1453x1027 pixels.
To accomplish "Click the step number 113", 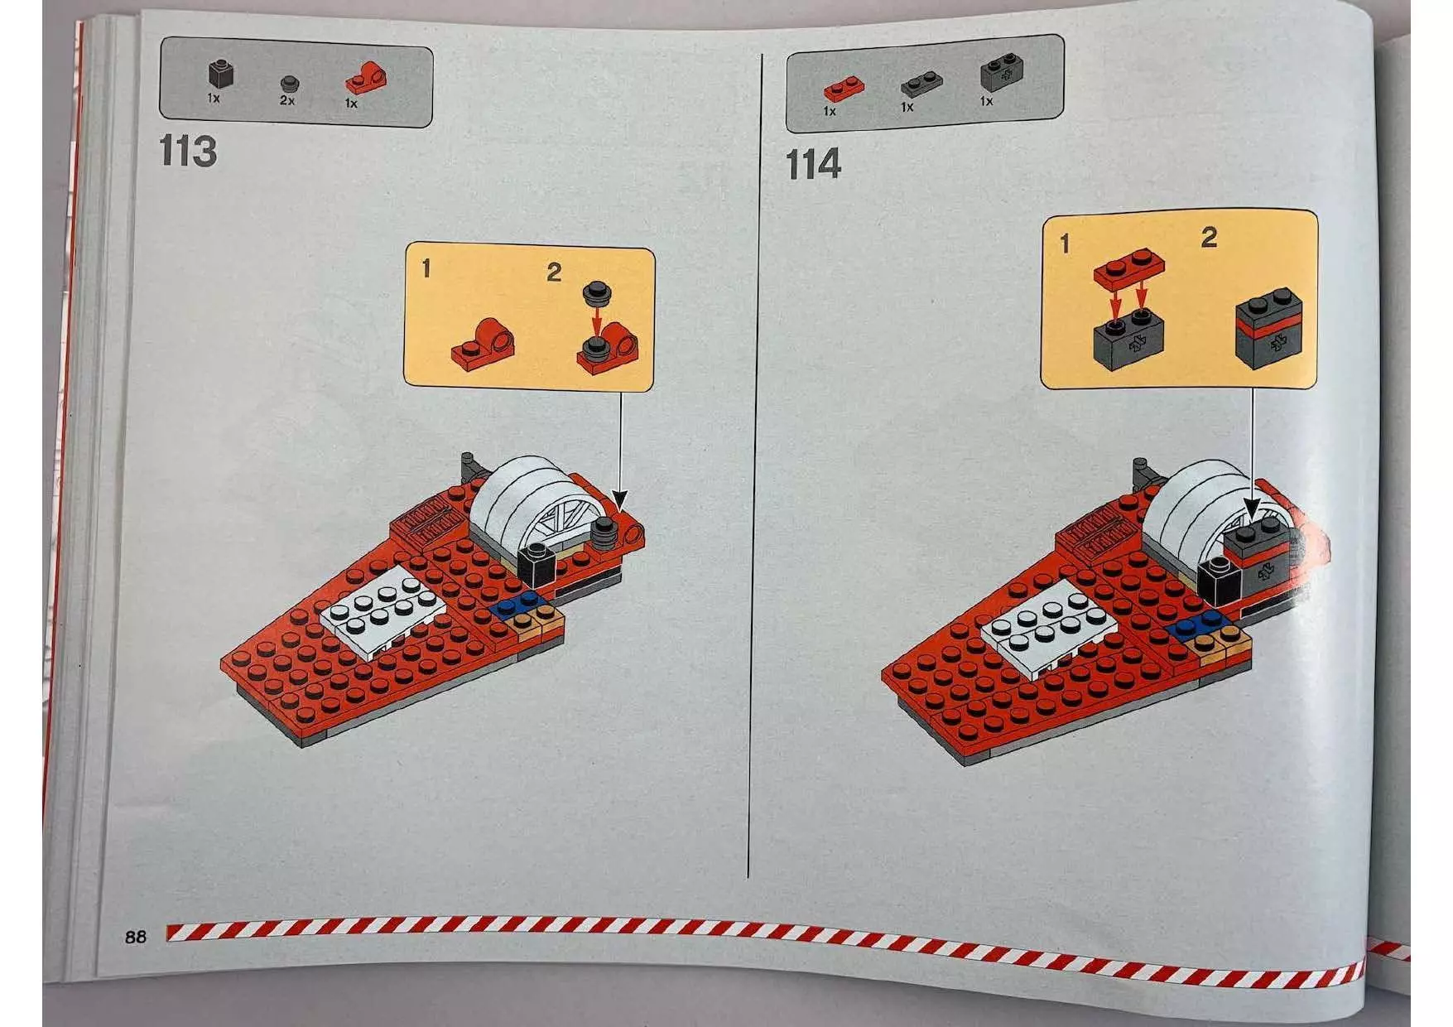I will point(188,152).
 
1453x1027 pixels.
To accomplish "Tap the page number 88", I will point(136,937).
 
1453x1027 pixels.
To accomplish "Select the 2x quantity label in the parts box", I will point(286,100).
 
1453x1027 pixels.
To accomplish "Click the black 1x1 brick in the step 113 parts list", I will point(219,75).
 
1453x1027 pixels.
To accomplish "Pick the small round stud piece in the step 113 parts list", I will point(289,83).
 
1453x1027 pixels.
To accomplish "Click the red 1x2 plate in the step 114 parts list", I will point(844,87).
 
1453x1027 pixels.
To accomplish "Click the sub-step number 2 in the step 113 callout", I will point(554,272).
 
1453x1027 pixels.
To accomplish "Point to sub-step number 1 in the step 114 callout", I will point(1065,243).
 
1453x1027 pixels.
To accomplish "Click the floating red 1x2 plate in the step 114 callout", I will point(1129,268).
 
